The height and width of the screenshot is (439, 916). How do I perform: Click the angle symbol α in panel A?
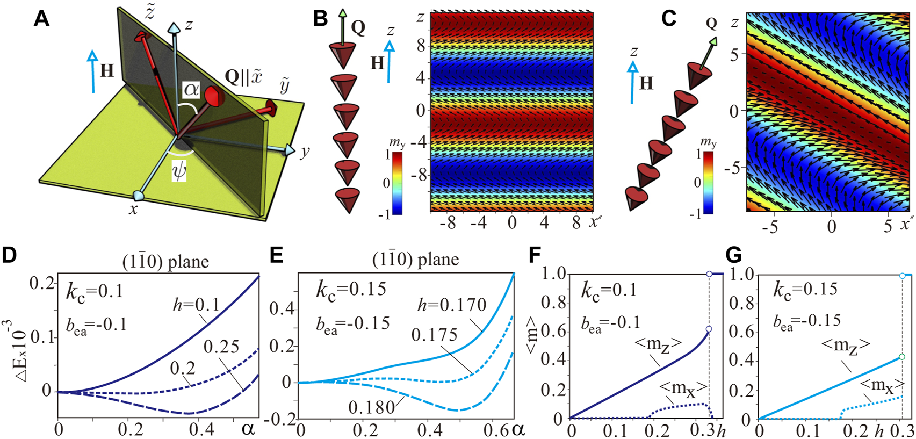click(192, 90)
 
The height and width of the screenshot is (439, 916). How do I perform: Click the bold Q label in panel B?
click(358, 27)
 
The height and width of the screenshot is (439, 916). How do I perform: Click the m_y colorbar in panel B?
click(397, 183)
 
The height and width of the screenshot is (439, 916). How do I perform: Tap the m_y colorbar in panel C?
click(709, 182)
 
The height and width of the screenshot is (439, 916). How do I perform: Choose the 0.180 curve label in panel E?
click(371, 407)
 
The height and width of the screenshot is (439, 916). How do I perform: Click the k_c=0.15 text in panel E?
click(350, 289)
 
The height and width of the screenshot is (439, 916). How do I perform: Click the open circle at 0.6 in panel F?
click(709, 329)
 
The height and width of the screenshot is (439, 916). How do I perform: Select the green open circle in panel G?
click(903, 357)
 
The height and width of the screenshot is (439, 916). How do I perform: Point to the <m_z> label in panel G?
click(846, 346)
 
